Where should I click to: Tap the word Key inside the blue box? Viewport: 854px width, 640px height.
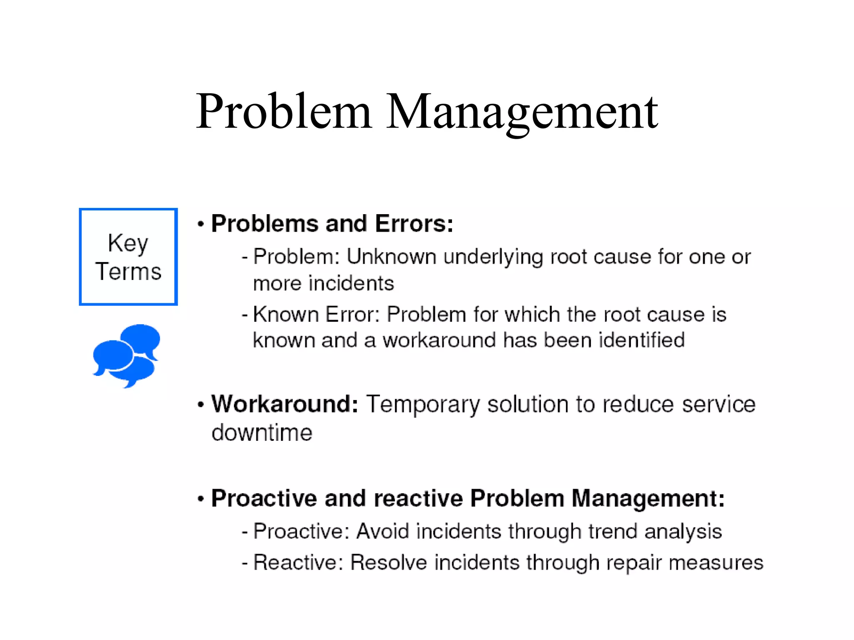(x=128, y=243)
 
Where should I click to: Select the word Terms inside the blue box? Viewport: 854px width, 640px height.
(x=128, y=272)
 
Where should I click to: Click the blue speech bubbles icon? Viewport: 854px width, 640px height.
(x=126, y=355)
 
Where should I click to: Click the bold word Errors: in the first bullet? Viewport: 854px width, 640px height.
(x=414, y=224)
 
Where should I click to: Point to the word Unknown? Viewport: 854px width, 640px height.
(x=391, y=257)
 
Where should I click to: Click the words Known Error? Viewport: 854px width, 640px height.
(x=316, y=314)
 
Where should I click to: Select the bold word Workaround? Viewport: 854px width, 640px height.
(x=285, y=404)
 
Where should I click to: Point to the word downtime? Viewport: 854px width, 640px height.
(x=262, y=432)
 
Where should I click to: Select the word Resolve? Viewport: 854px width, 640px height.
(x=389, y=562)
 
